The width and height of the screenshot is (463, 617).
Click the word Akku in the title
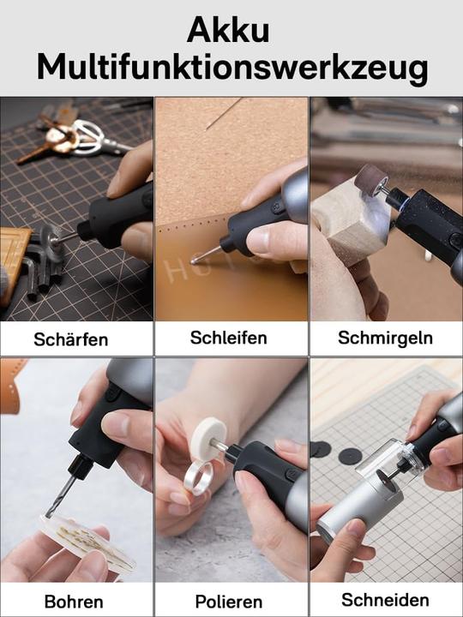(x=227, y=31)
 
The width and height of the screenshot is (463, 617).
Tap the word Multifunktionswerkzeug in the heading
(x=231, y=67)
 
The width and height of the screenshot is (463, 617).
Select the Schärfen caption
(x=71, y=339)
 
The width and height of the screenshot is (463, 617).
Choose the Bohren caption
(x=74, y=601)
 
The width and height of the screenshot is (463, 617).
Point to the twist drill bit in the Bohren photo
(x=60, y=497)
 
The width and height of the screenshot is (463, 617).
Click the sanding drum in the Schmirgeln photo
(x=370, y=181)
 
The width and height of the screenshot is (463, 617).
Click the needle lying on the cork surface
(x=225, y=114)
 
